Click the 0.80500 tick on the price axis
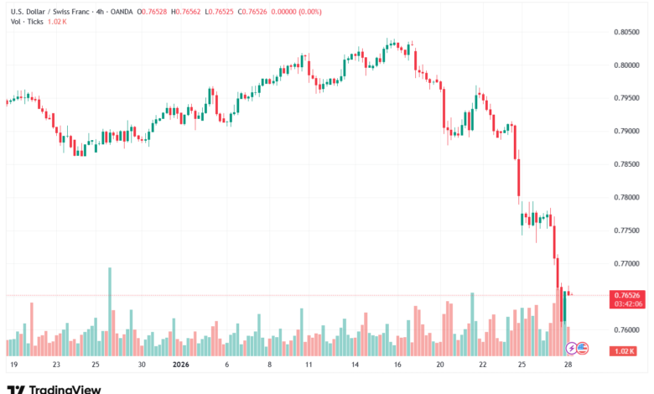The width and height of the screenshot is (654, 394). [x=625, y=33]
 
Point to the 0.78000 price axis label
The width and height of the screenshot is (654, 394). [x=625, y=198]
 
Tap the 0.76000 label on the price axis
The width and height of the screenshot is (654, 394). [x=625, y=329]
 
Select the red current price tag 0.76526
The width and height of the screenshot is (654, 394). [x=625, y=295]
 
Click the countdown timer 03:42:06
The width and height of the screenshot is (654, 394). [x=625, y=303]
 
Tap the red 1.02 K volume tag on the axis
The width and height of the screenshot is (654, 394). [x=625, y=351]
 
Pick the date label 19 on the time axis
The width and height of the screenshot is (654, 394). [x=14, y=365]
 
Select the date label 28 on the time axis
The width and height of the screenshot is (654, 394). [x=568, y=365]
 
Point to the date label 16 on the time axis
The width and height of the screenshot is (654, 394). [x=397, y=365]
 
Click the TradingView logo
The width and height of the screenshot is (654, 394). [x=54, y=389]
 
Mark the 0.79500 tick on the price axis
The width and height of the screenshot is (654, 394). [x=625, y=99]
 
